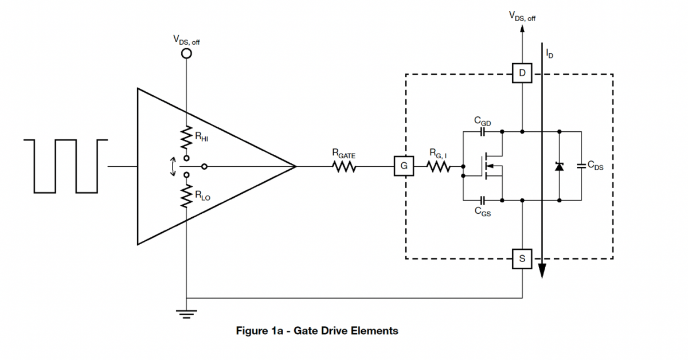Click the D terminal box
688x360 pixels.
(522, 73)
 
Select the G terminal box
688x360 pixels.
(404, 166)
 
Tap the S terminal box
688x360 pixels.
(522, 259)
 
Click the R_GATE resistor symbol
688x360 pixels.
(344, 167)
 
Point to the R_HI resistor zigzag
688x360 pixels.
(186, 138)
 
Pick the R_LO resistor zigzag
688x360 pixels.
(186, 196)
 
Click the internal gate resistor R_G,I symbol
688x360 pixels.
(438, 167)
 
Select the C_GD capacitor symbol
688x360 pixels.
(483, 132)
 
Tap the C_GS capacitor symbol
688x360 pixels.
(483, 201)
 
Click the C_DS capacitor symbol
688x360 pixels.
(581, 166)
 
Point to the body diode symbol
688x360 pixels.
(560, 166)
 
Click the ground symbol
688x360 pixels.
(186, 314)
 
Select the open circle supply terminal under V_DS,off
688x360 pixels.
(186, 53)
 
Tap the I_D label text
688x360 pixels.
(549, 54)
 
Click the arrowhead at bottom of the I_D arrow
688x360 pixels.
(542, 271)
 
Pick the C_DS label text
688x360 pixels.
(595, 166)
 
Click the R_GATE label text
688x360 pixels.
(343, 154)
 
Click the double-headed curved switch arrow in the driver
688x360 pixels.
(173, 167)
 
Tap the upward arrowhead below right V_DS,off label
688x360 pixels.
(522, 28)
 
